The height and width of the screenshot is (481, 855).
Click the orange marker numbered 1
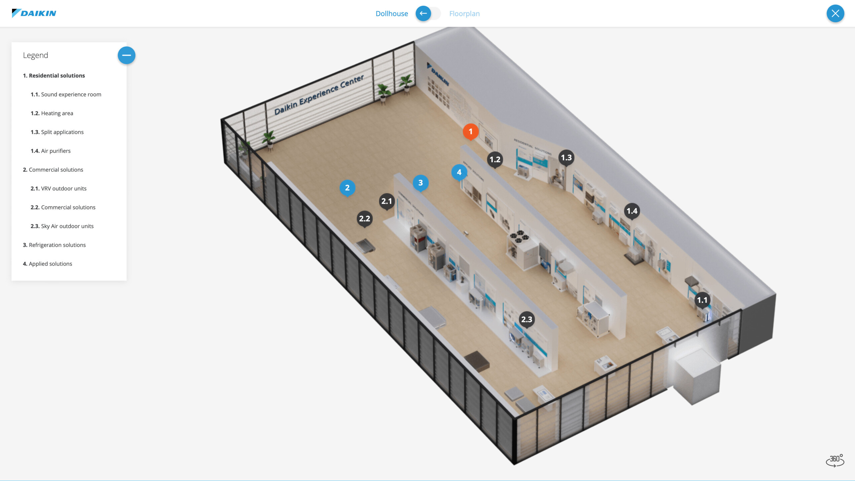(471, 131)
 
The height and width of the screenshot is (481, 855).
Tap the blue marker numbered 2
(347, 188)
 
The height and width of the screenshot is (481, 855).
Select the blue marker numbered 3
(420, 183)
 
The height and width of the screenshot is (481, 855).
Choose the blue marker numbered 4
(459, 172)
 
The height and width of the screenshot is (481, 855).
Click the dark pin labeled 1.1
(702, 300)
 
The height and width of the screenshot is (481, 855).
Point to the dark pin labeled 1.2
(495, 159)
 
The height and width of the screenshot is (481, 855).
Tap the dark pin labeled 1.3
(566, 158)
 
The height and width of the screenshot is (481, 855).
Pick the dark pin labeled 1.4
(632, 211)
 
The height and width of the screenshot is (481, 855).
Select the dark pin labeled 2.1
(387, 201)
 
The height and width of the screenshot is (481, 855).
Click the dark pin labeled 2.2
(364, 219)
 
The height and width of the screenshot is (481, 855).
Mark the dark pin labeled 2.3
(527, 319)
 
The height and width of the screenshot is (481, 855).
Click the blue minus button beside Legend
(127, 55)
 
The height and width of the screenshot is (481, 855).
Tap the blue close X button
(835, 13)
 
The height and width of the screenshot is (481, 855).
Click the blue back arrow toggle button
(423, 13)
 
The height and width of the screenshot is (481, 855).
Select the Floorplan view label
(464, 14)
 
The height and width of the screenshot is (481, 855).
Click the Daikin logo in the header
(34, 13)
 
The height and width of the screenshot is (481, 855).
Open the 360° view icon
(835, 460)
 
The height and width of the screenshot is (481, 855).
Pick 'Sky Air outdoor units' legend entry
(62, 226)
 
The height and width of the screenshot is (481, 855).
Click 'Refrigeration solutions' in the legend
(54, 245)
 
